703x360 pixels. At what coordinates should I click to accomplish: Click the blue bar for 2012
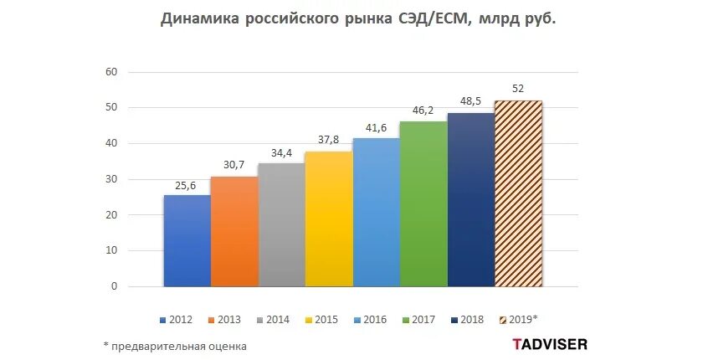187,241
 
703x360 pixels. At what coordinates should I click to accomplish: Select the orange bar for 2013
234,232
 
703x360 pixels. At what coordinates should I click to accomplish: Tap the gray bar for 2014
281,225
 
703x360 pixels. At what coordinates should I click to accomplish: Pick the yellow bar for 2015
329,219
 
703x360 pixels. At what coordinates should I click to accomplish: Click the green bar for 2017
423,204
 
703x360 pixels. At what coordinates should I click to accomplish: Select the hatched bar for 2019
518,193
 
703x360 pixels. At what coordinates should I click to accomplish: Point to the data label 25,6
187,186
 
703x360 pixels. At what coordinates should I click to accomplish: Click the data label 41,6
376,129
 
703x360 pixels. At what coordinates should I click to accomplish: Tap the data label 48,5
470,102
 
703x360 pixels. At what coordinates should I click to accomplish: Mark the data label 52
518,90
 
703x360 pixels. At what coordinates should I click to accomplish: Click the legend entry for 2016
370,319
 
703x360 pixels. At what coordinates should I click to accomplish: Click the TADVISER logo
549,343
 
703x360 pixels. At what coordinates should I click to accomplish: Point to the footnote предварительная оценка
179,345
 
